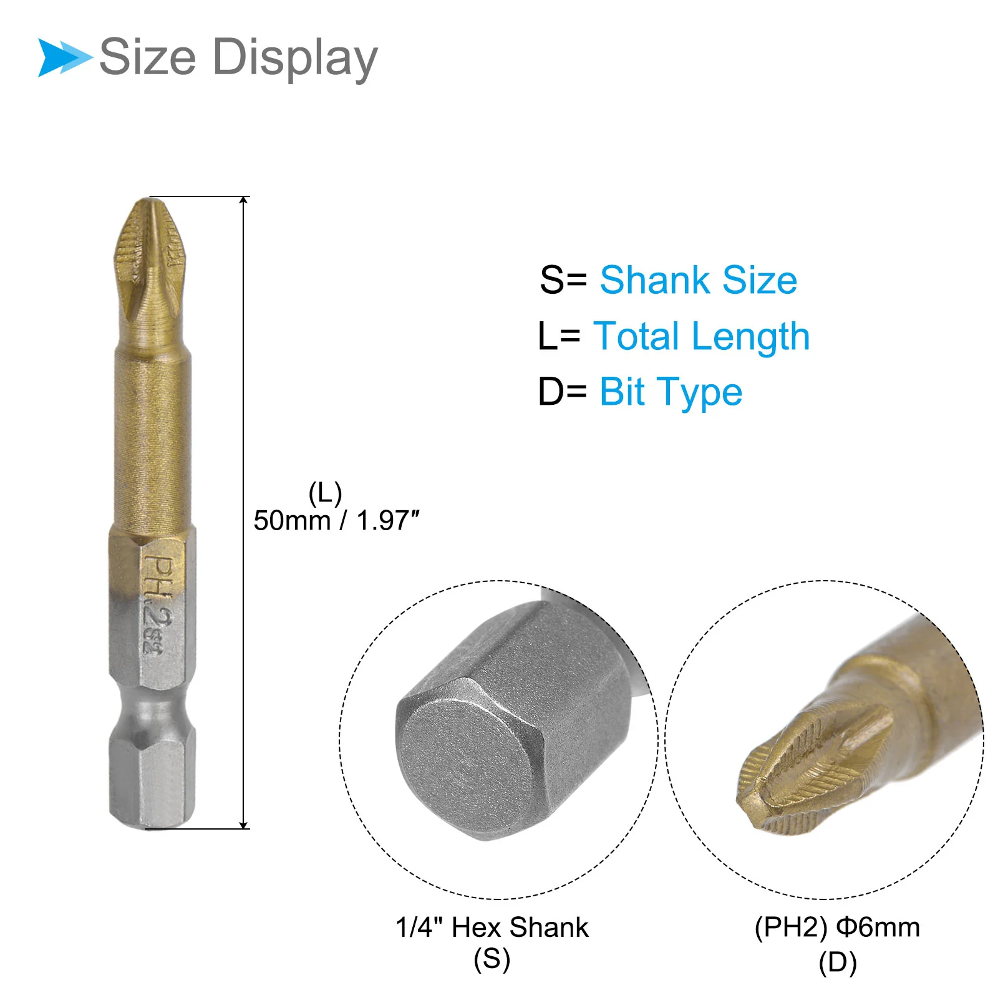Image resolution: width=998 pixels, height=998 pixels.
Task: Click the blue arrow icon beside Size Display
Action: pos(65,57)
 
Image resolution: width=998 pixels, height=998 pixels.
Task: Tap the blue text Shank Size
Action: pos(699,279)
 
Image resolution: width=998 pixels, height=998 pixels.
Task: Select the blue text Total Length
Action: pos(701,337)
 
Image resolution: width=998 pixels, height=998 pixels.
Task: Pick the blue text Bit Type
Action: pos(671,393)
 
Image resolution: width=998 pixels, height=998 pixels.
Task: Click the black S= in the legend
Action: pos(563,279)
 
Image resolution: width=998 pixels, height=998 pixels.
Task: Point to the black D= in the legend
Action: pos(562,392)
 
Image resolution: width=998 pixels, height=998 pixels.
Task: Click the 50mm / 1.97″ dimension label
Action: pos(336,520)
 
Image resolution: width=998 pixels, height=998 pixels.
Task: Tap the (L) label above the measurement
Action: pos(325,493)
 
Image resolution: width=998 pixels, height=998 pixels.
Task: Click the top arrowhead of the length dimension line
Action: pos(244,200)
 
